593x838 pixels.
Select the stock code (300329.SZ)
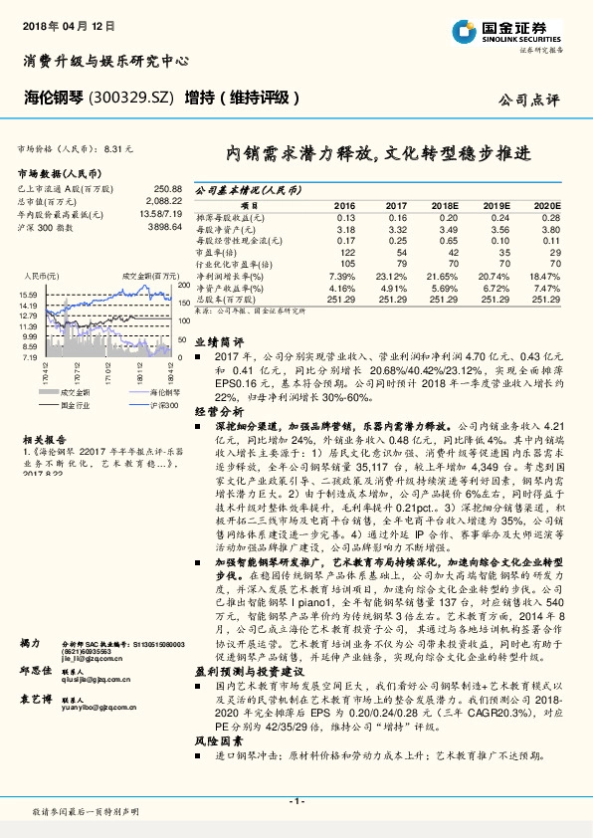(x=132, y=98)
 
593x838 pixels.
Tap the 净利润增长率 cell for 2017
(x=397, y=274)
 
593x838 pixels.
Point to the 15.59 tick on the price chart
(x=28, y=296)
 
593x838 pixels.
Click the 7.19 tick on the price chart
(x=30, y=356)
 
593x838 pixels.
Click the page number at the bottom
(x=296, y=800)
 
